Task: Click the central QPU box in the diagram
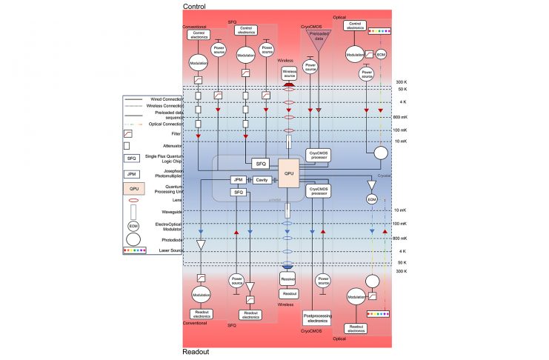(289, 174)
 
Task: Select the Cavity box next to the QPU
(261, 180)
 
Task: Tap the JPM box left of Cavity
(238, 180)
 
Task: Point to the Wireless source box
(290, 73)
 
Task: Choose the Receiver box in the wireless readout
(289, 279)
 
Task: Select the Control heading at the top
(194, 6)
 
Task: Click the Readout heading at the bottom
(196, 353)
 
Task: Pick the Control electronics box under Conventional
(198, 33)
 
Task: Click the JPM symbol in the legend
(131, 175)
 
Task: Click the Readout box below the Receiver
(289, 293)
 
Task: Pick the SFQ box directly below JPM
(238, 192)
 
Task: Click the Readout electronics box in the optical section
(357, 327)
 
